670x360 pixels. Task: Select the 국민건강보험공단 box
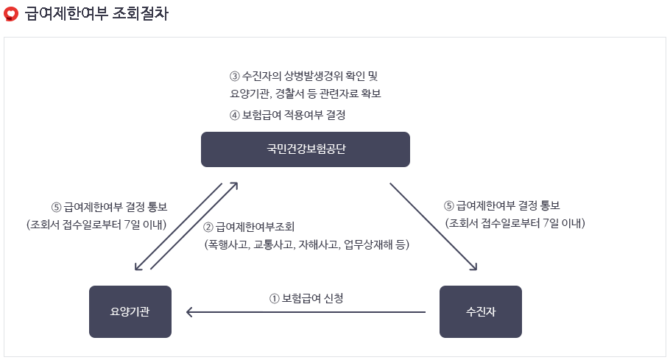pyautogui.click(x=306, y=149)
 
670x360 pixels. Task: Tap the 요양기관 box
pyautogui.click(x=130, y=311)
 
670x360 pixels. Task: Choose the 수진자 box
pyautogui.click(x=481, y=311)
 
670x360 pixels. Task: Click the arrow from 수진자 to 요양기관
pyautogui.click(x=306, y=312)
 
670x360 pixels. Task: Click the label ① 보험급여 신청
pyautogui.click(x=306, y=298)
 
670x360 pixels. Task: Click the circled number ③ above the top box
pyautogui.click(x=235, y=77)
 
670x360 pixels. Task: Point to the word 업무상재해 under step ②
pyautogui.click(x=366, y=244)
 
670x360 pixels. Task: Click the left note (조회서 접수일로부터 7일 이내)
pyautogui.click(x=96, y=224)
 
